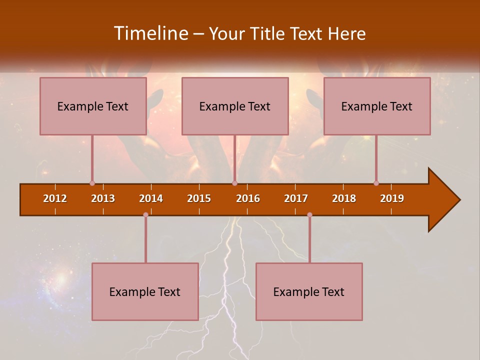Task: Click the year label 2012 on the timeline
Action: tap(55, 198)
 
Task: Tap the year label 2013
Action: tap(103, 198)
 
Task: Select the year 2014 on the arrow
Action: tap(151, 198)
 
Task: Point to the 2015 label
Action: tap(199, 198)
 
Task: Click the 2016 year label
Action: tap(248, 198)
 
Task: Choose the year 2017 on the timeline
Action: tap(296, 198)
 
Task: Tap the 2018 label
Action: tap(344, 198)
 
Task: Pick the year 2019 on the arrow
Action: tap(392, 198)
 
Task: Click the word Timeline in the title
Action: tap(150, 33)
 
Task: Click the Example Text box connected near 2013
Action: tap(93, 106)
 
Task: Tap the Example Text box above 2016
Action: tap(235, 106)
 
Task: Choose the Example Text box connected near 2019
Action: tap(377, 106)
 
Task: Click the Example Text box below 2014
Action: tap(145, 291)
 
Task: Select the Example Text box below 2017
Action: tap(309, 291)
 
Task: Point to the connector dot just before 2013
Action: tap(92, 183)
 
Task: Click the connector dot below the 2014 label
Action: tap(145, 214)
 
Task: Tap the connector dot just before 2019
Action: tap(376, 183)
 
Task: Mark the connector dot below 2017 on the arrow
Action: tap(309, 214)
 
